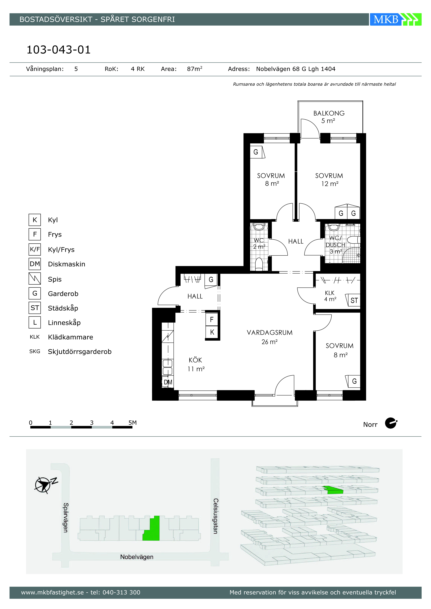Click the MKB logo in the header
[x=395, y=19]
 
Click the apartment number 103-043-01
[x=59, y=50]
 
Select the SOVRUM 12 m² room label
[x=329, y=180]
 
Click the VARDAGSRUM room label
[x=270, y=333]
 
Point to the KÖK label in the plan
[x=195, y=360]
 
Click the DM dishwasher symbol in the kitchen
[x=168, y=382]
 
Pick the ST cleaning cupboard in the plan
[x=354, y=300]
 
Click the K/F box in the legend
[x=35, y=249]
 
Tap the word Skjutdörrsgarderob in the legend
[x=80, y=352]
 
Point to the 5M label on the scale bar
[x=132, y=423]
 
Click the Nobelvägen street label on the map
[x=137, y=557]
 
